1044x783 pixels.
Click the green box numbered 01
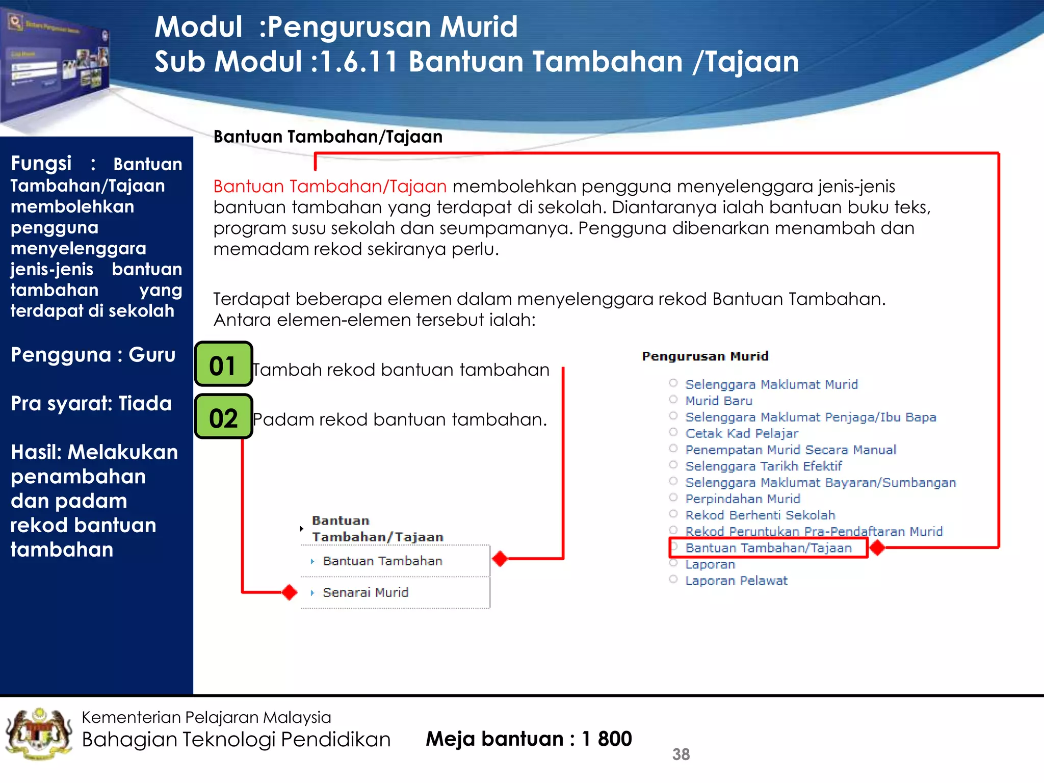[223, 364]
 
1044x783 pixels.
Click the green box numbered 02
[223, 417]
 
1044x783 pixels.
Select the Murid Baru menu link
[718, 401]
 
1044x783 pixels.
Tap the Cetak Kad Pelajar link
[741, 433]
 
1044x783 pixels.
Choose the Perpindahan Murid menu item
[742, 499]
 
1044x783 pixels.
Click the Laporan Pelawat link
[736, 581]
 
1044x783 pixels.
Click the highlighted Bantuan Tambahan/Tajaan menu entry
[768, 548]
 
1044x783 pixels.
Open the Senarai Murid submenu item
[365, 592]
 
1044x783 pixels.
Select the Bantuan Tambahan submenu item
[382, 561]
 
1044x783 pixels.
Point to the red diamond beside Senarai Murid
[290, 592]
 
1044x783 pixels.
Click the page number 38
[681, 754]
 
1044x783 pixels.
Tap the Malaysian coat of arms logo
[39, 734]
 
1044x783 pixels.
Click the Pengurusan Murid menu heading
[704, 356]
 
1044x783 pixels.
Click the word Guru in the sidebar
[152, 354]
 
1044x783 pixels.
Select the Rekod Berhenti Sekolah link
[760, 515]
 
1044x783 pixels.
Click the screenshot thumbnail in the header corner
[56, 66]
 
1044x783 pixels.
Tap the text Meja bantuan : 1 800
[529, 739]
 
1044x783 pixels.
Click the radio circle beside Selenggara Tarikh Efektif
[673, 465]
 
